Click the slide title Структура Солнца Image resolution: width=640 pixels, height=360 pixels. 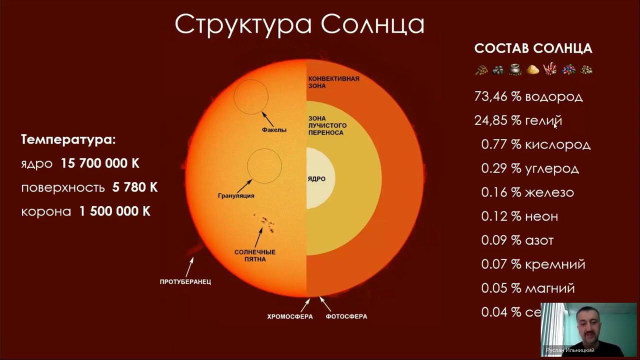(299, 24)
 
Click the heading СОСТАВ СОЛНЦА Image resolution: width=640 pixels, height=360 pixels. (533, 48)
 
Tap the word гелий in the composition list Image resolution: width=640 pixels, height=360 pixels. (543, 120)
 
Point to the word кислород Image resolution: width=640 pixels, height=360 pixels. (557, 145)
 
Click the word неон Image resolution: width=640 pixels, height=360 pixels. (541, 216)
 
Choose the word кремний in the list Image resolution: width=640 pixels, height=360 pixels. (555, 264)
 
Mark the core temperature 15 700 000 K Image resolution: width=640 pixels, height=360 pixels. (100, 163)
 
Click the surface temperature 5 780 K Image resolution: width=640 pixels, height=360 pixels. (135, 187)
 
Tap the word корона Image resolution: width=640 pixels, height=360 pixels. (46, 211)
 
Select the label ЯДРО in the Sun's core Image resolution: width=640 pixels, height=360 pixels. (316, 179)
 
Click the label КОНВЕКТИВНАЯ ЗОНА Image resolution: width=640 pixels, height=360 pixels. (333, 82)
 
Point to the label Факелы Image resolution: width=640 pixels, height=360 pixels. (274, 130)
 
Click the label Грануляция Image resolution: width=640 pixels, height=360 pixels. (236, 195)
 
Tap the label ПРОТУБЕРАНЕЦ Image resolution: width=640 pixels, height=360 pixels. (185, 281)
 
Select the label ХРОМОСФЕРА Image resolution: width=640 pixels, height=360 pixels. (289, 316)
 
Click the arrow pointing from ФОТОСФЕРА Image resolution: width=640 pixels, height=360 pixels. (325, 303)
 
